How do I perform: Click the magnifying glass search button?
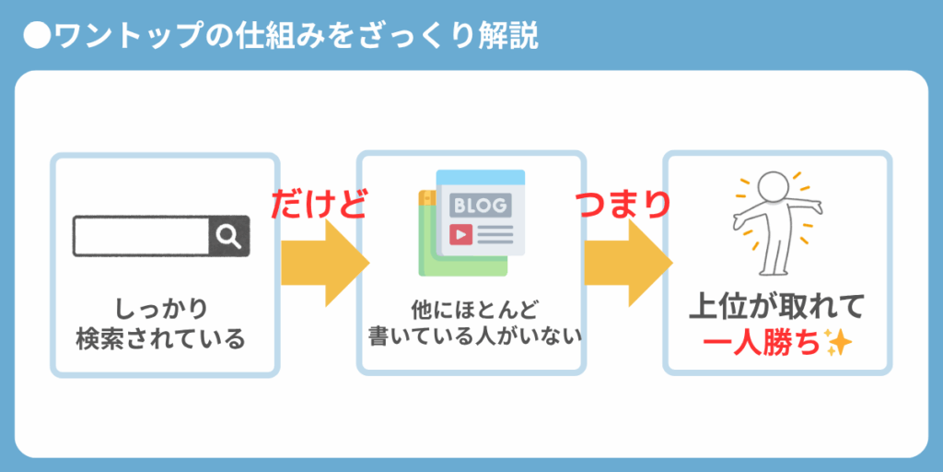click(229, 236)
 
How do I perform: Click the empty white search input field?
click(142, 236)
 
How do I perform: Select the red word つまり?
click(623, 204)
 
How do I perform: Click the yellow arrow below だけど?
click(325, 263)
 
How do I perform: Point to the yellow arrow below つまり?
click(628, 263)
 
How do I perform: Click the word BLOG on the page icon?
click(480, 206)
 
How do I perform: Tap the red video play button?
click(460, 233)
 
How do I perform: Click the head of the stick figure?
click(773, 187)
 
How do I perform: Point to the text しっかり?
click(161, 310)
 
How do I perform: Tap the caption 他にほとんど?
click(471, 311)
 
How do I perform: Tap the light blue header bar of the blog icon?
click(481, 178)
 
